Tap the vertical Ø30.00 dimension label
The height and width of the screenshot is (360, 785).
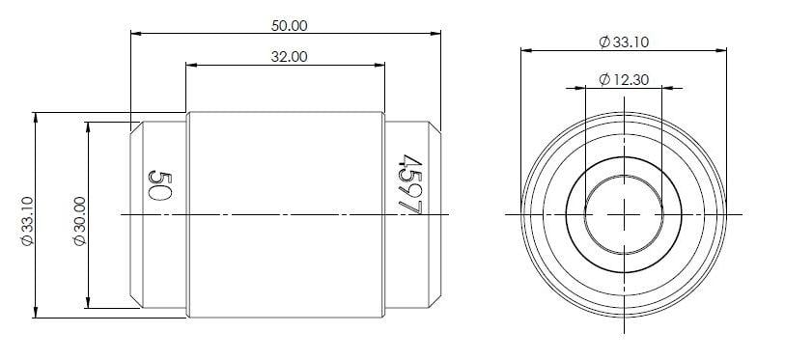pyautogui.click(x=79, y=220)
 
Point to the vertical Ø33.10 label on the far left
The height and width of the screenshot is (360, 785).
pyautogui.click(x=26, y=220)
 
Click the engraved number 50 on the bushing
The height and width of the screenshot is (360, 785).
pyautogui.click(x=159, y=183)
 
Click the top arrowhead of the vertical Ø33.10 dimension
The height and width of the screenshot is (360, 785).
pyautogui.click(x=36, y=118)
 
